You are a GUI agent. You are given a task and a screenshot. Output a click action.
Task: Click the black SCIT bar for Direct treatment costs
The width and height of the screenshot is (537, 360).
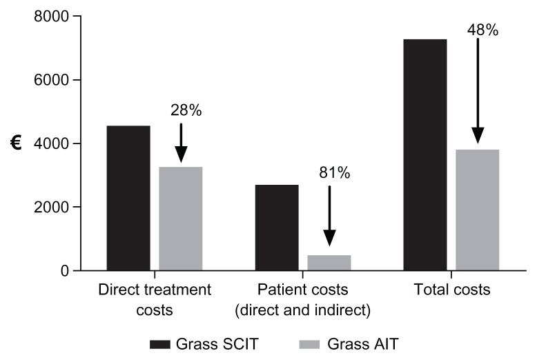click(x=128, y=198)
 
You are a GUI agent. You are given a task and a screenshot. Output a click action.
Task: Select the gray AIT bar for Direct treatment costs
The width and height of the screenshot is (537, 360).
click(x=181, y=219)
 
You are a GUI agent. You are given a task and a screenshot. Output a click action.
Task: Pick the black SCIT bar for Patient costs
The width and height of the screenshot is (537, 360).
click(x=277, y=228)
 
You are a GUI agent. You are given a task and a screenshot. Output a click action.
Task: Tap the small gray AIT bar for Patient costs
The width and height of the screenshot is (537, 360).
click(x=329, y=263)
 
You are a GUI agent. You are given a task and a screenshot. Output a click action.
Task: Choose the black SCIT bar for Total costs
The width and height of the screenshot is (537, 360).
click(x=425, y=154)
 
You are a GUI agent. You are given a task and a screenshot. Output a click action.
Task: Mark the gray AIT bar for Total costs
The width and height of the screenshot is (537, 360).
click(x=478, y=210)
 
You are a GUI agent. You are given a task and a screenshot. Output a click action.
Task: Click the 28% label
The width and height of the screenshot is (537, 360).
click(x=186, y=110)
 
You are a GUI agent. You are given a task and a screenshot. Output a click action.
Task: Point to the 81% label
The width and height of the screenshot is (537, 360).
click(x=334, y=173)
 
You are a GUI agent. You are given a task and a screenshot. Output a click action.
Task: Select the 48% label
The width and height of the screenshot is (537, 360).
click(x=483, y=30)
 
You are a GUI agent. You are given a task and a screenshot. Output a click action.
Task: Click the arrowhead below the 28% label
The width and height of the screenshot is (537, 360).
click(x=181, y=156)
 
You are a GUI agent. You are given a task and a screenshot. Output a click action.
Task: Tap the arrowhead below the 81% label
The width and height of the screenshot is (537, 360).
click(x=329, y=238)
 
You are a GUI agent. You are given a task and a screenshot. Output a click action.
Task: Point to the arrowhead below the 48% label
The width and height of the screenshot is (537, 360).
click(x=478, y=136)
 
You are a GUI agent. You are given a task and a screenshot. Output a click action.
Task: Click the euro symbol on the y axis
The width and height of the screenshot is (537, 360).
click(x=15, y=143)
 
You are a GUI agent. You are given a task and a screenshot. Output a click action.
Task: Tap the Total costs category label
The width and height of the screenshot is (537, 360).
click(x=451, y=290)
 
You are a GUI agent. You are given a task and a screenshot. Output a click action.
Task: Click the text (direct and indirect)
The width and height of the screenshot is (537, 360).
click(x=303, y=310)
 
